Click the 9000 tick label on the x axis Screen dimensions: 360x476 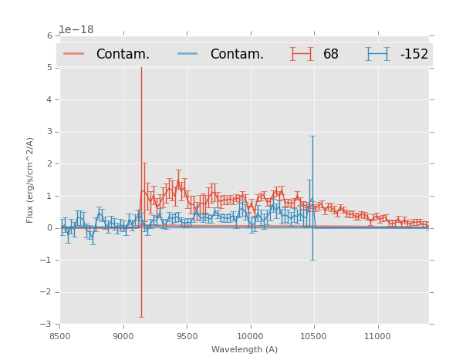point(123,336)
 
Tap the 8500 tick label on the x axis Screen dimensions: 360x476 point(60,336)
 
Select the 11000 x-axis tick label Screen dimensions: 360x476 point(378,336)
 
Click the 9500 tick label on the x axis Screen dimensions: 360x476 point(187,336)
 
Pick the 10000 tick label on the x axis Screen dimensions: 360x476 point(251,336)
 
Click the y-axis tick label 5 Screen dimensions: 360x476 point(49,68)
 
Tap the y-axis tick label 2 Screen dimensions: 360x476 point(49,163)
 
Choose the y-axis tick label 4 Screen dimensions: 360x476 point(49,99)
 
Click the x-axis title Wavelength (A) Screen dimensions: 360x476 point(245,349)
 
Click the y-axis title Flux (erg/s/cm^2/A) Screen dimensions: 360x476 point(31,180)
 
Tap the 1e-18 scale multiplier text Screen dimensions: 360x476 point(76,30)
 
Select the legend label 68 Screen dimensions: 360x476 point(331,54)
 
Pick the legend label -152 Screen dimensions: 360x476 point(414,54)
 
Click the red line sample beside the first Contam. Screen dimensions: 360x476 point(74,54)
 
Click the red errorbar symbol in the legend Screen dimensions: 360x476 point(302,54)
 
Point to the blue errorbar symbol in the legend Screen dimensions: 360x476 point(377,54)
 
